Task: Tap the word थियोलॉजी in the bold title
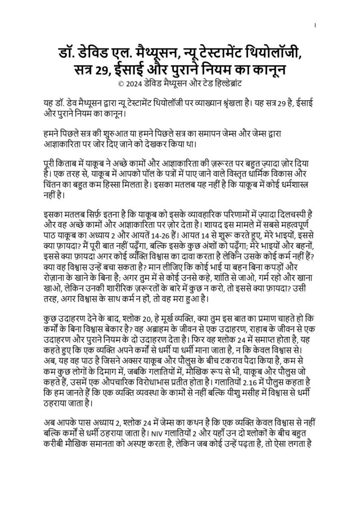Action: [276, 51]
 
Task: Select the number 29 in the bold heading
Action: [111, 68]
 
